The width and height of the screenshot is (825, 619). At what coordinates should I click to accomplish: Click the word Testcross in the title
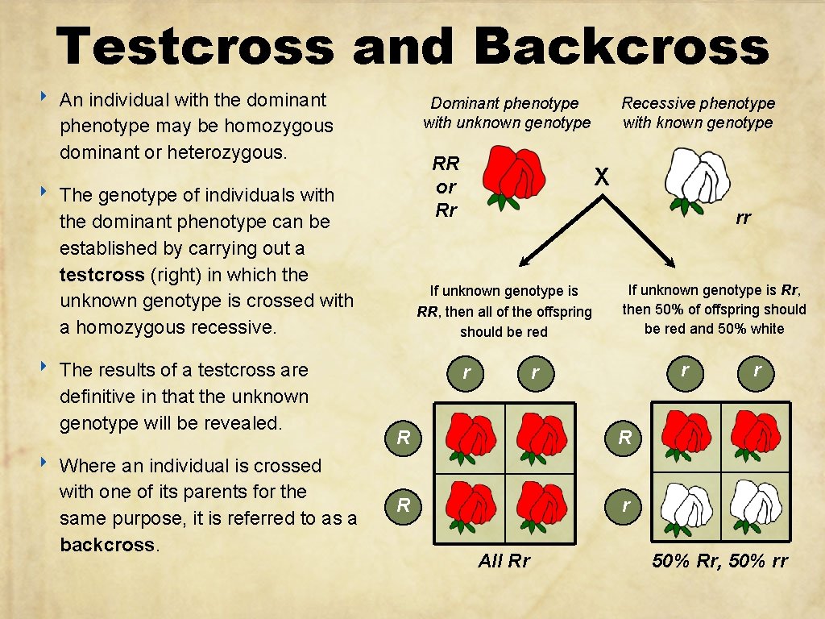194,46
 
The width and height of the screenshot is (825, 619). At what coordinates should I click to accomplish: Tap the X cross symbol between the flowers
601,177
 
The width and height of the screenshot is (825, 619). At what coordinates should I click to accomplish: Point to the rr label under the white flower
743,218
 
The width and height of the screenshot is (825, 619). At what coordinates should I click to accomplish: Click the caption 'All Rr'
504,561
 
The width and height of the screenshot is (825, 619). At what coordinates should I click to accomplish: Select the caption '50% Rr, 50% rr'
719,561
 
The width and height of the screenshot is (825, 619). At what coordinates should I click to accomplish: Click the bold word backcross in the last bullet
106,544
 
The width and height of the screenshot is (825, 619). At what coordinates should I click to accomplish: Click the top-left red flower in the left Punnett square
470,436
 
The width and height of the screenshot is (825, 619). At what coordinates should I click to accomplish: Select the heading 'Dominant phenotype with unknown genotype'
506,113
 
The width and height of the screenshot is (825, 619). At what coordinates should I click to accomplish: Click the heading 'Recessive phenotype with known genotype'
698,113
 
